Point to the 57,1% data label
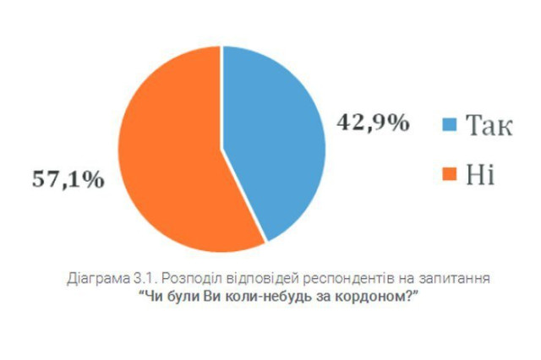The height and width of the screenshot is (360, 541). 68,179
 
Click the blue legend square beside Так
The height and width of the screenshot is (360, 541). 450,125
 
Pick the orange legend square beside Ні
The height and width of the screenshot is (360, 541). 450,175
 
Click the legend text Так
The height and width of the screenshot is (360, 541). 489,125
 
